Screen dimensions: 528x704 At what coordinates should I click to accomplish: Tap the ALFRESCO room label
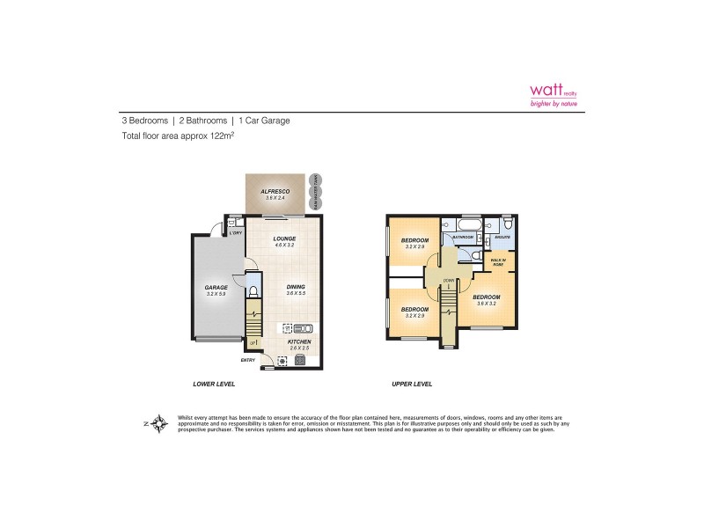pyautogui.click(x=275, y=191)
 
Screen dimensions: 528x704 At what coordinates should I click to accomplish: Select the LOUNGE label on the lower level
pyautogui.click(x=283, y=238)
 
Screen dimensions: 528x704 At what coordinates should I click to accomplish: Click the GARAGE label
pyautogui.click(x=216, y=288)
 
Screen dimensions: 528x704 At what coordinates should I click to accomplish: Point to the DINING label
pyautogui.click(x=296, y=287)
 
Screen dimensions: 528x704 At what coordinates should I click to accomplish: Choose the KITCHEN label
pyautogui.click(x=298, y=341)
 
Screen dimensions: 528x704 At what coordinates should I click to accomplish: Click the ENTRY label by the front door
pyautogui.click(x=248, y=361)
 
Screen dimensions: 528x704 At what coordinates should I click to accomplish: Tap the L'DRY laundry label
pyautogui.click(x=236, y=233)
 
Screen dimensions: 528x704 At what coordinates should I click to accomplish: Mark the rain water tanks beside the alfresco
pyautogui.click(x=316, y=192)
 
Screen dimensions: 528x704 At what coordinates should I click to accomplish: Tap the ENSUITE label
pyautogui.click(x=502, y=237)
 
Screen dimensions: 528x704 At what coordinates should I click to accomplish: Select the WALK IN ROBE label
pyautogui.click(x=496, y=261)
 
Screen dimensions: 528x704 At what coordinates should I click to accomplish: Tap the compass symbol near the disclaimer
pyautogui.click(x=158, y=423)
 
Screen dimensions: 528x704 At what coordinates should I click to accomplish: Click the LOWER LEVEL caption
pyautogui.click(x=214, y=385)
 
